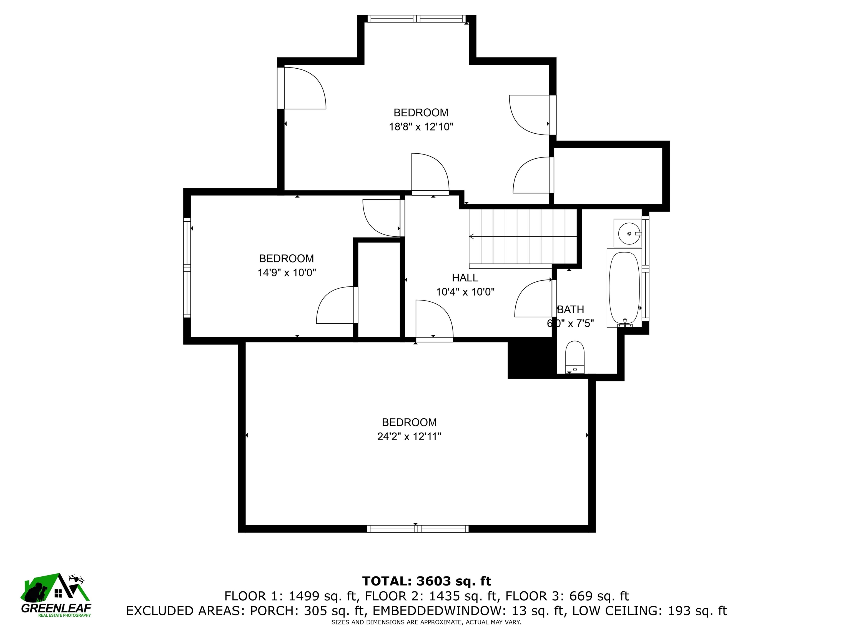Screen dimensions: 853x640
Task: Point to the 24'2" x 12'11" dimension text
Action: click(x=409, y=436)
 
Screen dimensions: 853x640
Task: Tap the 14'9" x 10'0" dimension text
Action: click(x=287, y=273)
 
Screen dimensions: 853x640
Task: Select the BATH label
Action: click(x=571, y=309)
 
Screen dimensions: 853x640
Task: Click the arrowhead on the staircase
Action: click(x=471, y=236)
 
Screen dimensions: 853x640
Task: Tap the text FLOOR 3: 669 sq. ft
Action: click(x=567, y=596)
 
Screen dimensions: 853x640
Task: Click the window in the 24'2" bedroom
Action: click(x=418, y=529)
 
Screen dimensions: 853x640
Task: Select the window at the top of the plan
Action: click(x=417, y=19)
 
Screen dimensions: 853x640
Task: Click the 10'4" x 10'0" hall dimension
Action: click(x=465, y=292)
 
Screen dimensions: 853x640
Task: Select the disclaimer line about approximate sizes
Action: click(x=426, y=622)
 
